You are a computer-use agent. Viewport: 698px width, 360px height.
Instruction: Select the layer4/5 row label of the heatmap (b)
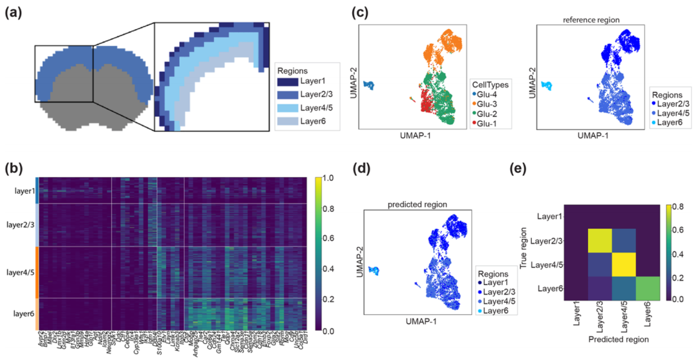click(19, 271)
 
